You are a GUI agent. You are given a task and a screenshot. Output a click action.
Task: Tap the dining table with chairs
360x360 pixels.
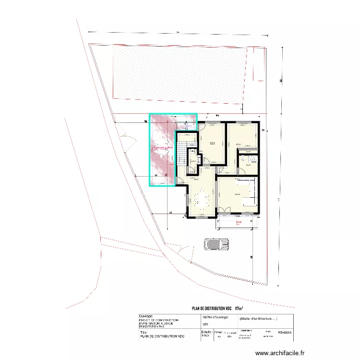click(x=201, y=198)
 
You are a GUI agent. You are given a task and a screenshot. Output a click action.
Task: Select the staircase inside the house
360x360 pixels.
click(x=181, y=153)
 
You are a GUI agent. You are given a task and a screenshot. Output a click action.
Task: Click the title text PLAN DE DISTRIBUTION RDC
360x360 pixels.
click(x=212, y=308)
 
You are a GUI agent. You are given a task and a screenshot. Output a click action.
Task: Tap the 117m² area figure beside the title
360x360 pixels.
click(x=239, y=308)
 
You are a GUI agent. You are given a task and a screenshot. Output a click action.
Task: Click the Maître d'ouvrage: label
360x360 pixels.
click(x=216, y=317)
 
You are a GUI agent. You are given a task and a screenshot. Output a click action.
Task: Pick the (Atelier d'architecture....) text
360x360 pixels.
click(x=258, y=317)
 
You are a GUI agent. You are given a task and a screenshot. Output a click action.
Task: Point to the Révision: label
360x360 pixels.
click(x=285, y=332)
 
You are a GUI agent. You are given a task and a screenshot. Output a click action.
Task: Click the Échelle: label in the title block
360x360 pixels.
click(x=207, y=332)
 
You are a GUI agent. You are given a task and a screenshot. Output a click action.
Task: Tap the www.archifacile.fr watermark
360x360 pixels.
click(x=280, y=353)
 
